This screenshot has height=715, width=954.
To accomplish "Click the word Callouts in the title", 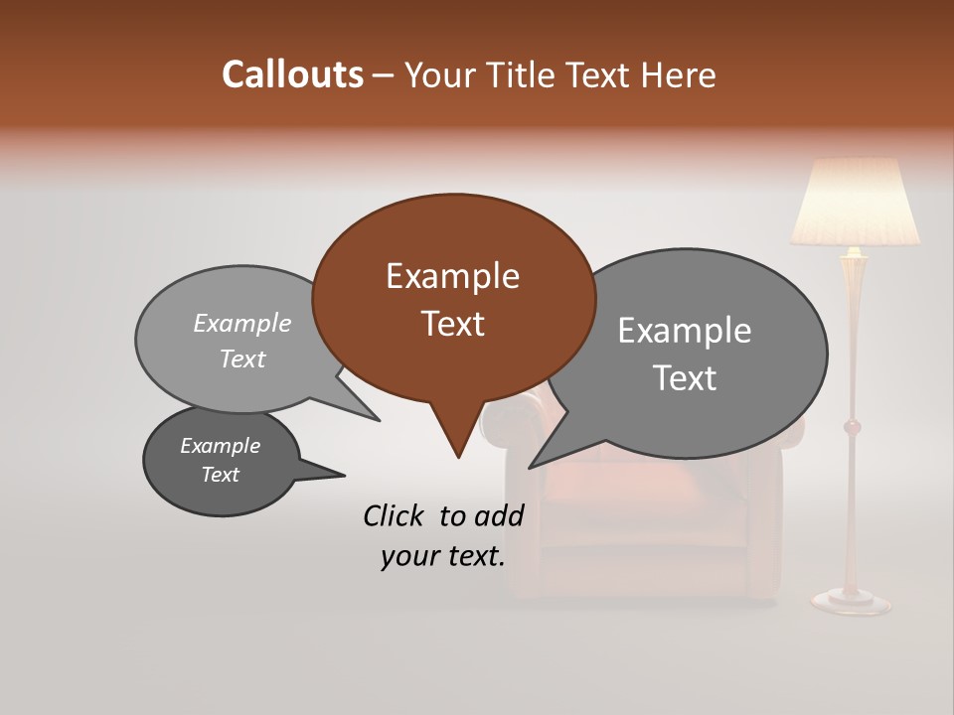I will (292, 74).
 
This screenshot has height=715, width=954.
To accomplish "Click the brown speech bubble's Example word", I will (452, 276).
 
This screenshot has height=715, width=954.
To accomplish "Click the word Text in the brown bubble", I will (452, 324).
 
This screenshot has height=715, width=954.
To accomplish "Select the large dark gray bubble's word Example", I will (684, 331).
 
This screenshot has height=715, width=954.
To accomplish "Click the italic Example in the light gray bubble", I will (241, 323).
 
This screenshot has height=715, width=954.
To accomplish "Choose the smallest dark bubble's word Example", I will (220, 446).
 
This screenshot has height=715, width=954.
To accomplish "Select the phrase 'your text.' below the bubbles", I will (443, 557).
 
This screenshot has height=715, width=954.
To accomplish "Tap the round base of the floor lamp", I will (851, 600).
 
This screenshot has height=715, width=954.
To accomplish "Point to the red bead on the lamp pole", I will (852, 427).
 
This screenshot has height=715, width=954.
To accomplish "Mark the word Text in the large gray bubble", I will (684, 378).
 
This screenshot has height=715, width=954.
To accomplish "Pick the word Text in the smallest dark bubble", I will (220, 475).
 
